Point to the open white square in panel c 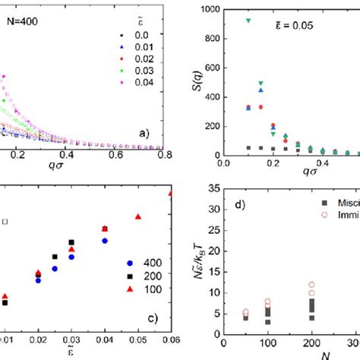(x=5, y=221)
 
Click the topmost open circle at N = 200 (x=311, y=286)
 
